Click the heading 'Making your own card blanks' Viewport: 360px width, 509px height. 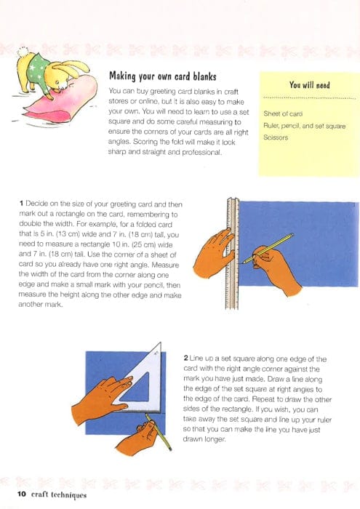[163, 76]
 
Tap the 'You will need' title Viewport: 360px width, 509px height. [309, 85]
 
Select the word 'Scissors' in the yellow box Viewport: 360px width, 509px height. [276, 137]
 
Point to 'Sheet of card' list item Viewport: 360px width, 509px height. [283, 113]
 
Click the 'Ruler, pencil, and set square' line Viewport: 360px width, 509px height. [304, 126]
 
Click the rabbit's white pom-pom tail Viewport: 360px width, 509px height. [23, 52]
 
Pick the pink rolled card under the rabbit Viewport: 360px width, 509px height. [63, 99]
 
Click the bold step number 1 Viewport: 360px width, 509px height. [21, 204]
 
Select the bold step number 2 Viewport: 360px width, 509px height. [185, 358]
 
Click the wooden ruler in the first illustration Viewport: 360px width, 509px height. [233, 253]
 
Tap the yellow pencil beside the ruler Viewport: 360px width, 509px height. [268, 248]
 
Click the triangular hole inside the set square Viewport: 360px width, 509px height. [138, 388]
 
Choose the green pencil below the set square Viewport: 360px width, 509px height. [158, 432]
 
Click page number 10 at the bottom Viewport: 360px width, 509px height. [21, 494]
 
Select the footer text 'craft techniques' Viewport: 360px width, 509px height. [59, 494]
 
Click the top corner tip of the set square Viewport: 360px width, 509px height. [160, 342]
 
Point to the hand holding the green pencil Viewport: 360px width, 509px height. [137, 438]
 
